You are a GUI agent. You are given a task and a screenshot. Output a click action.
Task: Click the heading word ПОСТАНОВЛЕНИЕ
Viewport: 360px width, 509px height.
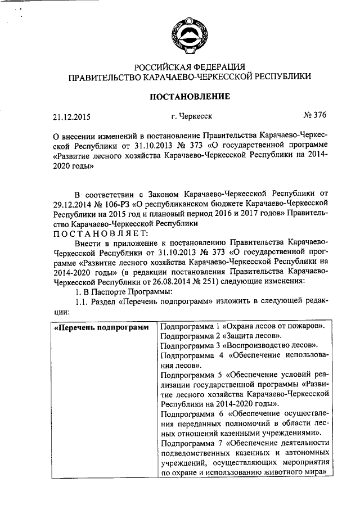(x=188, y=97)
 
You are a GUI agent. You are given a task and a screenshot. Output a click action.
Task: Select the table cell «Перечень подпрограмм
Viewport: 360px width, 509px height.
(x=100, y=327)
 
